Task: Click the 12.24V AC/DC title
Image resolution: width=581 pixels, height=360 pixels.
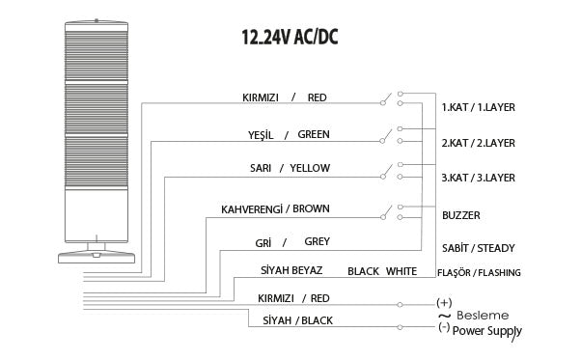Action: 290,38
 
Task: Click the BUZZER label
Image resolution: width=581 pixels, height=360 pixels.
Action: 460,215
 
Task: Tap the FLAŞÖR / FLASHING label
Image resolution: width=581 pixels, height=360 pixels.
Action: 480,273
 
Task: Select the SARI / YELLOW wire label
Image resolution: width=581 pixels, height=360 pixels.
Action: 276,168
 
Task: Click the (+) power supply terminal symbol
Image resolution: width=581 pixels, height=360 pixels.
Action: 444,302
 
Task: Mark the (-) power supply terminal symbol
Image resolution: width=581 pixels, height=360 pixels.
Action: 443,326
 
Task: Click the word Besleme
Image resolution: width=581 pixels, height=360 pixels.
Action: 482,315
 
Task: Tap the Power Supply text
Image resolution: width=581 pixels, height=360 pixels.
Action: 487,330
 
